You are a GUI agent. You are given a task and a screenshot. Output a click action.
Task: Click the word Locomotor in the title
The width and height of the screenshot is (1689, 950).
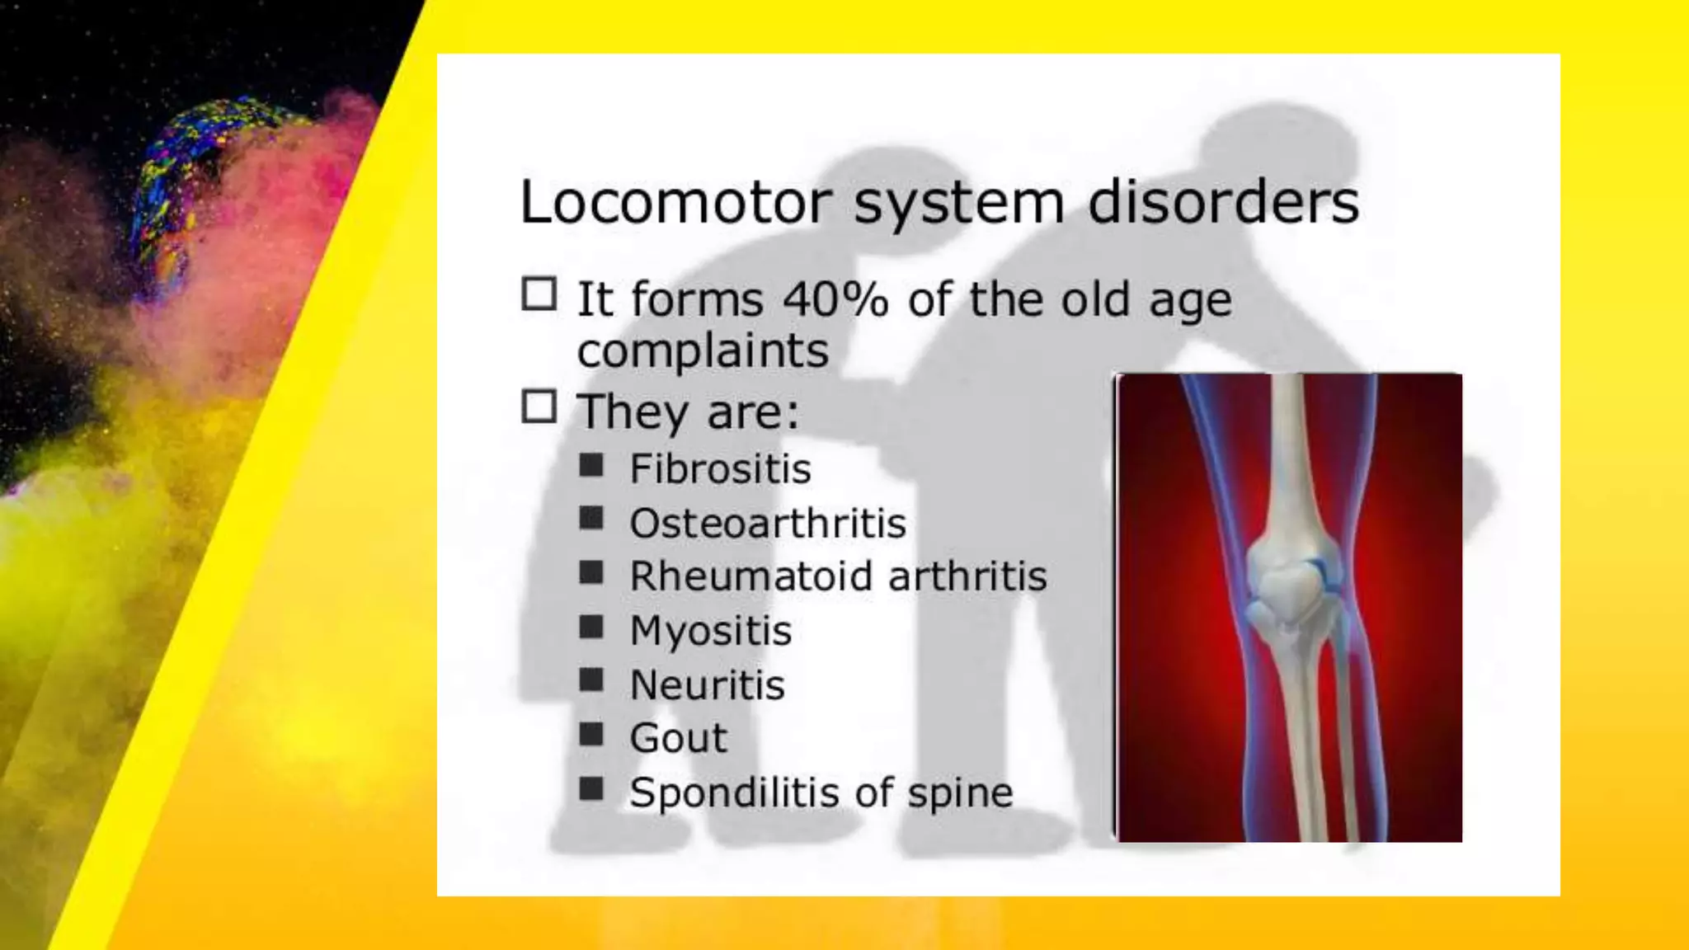(x=671, y=203)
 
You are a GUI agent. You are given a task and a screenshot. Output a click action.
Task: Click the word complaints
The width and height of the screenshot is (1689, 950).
(x=703, y=351)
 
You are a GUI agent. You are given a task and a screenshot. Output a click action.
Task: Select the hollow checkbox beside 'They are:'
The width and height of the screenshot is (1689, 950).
(x=539, y=407)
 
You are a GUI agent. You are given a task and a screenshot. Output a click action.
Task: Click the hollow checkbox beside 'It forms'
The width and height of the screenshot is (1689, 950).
(x=539, y=294)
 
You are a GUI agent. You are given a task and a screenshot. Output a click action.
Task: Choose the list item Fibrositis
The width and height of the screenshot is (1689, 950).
(x=720, y=469)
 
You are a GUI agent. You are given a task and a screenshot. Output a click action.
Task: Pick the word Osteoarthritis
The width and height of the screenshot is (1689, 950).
(x=768, y=524)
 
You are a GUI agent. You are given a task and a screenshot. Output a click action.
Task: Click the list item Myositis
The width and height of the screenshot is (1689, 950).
(x=710, y=632)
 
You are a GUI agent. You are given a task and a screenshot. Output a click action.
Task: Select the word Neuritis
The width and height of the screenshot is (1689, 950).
(x=707, y=685)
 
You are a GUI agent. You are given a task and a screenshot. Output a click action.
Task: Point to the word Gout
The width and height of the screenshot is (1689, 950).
(x=678, y=738)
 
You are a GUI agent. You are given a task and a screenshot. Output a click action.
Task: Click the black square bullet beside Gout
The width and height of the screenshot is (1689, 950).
(x=591, y=734)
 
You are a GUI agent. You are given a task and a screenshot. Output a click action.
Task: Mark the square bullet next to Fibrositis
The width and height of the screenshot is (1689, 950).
(x=591, y=466)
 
